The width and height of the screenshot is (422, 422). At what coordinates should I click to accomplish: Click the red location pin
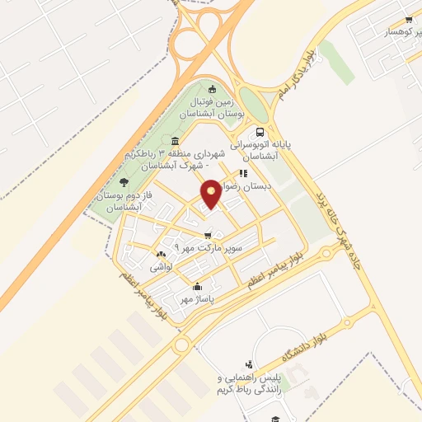(211, 193)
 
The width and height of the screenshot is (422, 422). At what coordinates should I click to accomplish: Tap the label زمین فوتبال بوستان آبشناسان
(213, 106)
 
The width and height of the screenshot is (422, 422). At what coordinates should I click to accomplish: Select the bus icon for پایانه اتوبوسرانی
(260, 132)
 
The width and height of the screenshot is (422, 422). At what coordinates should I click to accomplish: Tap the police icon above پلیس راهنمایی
(249, 363)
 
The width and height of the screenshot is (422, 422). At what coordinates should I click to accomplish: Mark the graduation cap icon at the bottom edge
(278, 418)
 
